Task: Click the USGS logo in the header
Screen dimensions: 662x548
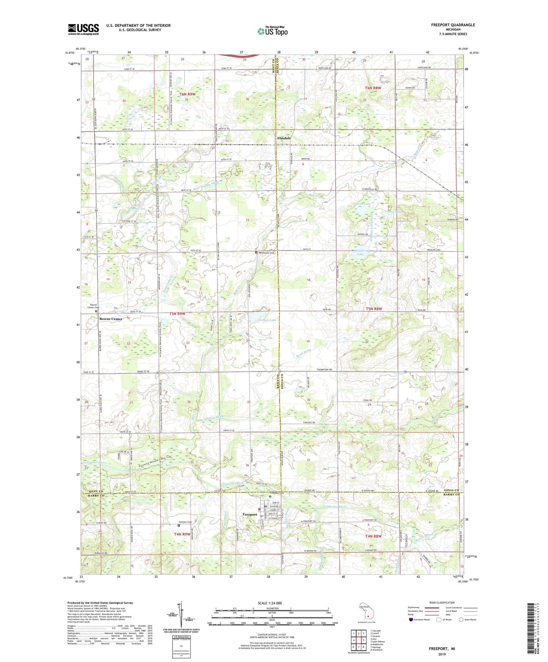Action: (83, 29)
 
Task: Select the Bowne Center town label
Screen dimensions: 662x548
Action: (111, 319)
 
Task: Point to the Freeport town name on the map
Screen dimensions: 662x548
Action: (250, 515)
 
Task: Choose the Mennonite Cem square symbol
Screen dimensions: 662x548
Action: (256, 252)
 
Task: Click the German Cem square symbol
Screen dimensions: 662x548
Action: (179, 525)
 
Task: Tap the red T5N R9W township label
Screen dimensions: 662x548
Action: (177, 314)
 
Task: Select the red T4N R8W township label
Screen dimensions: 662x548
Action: (373, 536)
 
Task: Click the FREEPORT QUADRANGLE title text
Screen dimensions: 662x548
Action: (453, 25)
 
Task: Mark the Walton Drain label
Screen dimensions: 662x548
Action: (214, 417)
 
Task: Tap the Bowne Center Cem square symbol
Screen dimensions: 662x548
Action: (96, 311)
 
